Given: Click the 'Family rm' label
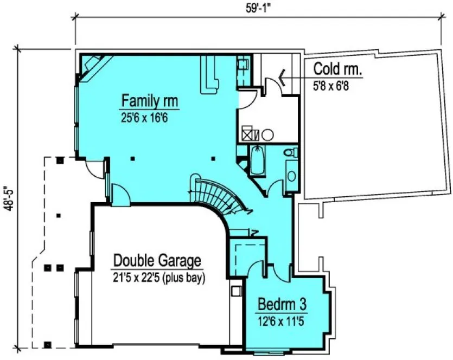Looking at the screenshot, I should point(150,101).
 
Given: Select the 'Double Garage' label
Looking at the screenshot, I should point(157,261).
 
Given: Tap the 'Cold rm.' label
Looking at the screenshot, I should point(337,69).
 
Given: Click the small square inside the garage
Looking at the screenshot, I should point(236,291).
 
